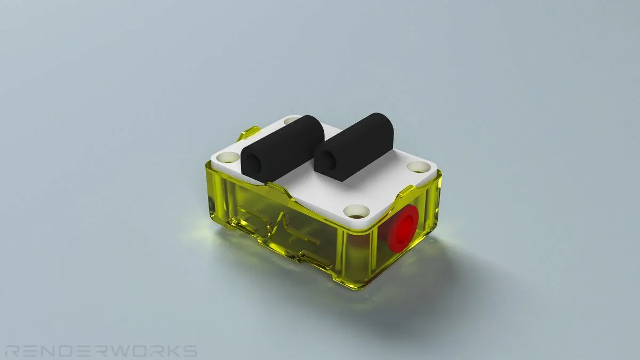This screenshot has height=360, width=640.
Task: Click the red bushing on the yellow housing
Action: tap(403, 229)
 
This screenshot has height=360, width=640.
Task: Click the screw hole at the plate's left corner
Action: tap(228, 157)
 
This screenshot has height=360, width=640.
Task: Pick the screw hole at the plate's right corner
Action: tap(419, 166)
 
